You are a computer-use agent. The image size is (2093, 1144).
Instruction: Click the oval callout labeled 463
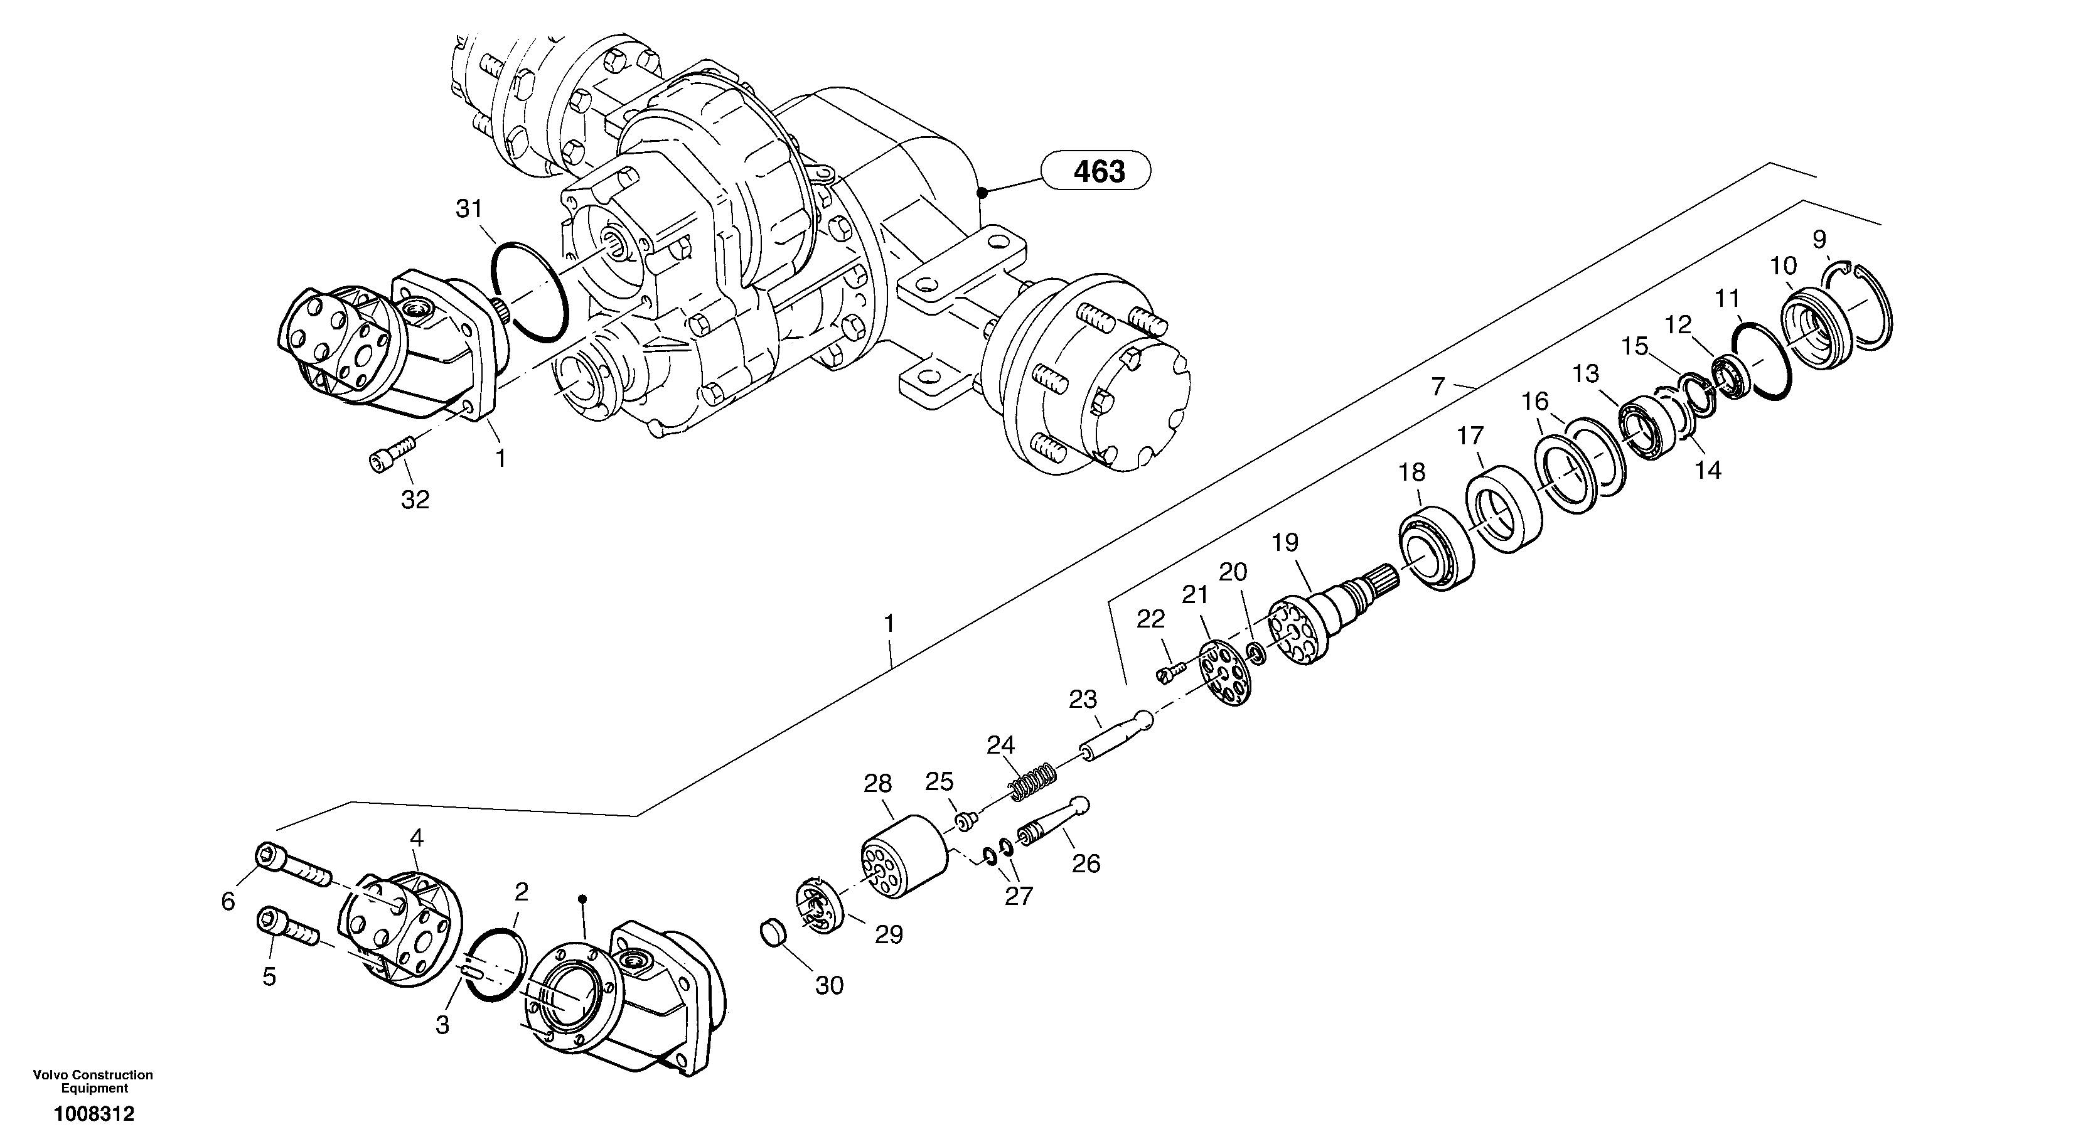tap(1098, 171)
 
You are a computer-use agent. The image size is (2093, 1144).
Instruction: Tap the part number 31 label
tap(469, 209)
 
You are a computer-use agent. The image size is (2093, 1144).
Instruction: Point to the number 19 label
tap(1285, 542)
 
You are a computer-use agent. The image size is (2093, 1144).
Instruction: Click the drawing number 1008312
tap(94, 1114)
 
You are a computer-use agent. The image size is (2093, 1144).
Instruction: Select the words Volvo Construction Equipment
tap(94, 1081)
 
